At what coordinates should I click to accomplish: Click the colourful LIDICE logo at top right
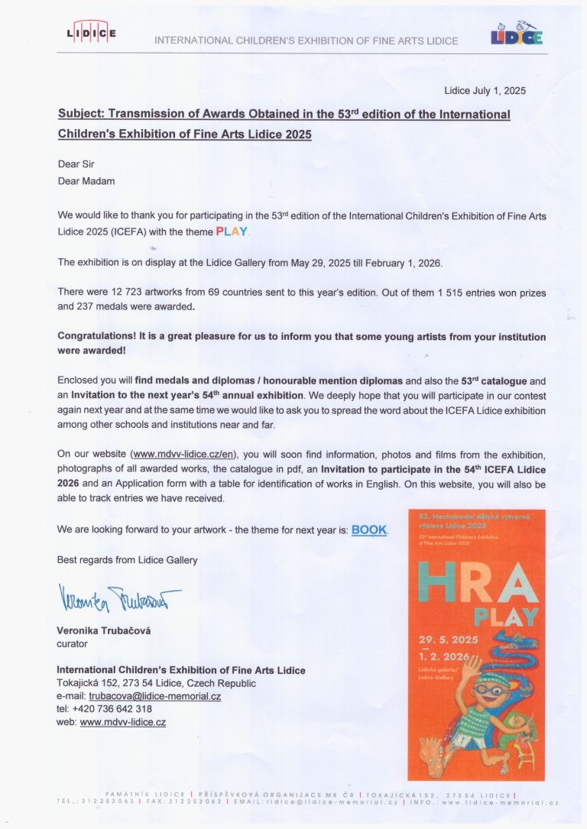[x=517, y=34]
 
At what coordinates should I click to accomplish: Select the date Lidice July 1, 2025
[x=485, y=91]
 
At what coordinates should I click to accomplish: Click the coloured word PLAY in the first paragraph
[x=232, y=231]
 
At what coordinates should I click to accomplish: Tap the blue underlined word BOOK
[x=369, y=529]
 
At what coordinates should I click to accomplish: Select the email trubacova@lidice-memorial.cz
[x=154, y=696]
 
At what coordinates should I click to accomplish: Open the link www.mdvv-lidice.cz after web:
[x=122, y=722]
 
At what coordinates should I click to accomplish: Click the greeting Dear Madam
[x=86, y=181]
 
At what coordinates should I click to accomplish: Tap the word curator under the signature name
[x=73, y=644]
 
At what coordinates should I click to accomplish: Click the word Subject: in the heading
[x=81, y=115]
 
